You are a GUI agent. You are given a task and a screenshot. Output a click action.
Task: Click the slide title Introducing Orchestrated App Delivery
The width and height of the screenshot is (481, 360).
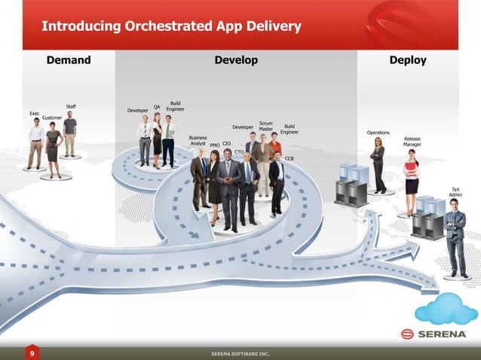click(171, 27)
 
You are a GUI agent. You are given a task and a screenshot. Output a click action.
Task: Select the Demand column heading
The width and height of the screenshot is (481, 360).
click(69, 60)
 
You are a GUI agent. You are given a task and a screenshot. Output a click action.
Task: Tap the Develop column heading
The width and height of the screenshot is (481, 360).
click(236, 60)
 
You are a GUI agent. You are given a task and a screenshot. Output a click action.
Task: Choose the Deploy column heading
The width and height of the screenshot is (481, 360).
click(408, 60)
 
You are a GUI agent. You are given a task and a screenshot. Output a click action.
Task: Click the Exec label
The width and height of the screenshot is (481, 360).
click(34, 114)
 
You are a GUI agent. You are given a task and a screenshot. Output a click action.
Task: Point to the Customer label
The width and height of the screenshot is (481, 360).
click(52, 118)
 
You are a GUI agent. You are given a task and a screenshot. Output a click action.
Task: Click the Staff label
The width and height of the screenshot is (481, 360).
click(71, 106)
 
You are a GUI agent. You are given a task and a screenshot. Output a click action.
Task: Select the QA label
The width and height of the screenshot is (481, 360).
click(157, 107)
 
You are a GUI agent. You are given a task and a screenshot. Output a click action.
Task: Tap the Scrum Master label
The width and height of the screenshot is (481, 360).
click(266, 126)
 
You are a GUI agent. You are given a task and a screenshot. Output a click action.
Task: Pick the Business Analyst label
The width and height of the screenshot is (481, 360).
click(198, 141)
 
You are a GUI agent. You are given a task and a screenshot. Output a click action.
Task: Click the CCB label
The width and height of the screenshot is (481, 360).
click(290, 159)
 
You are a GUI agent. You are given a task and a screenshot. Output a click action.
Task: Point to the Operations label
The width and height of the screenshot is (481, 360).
click(378, 133)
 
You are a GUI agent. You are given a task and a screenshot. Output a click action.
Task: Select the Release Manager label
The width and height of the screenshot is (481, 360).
click(412, 142)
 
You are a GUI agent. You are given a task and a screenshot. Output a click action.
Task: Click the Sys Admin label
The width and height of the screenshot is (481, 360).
click(455, 192)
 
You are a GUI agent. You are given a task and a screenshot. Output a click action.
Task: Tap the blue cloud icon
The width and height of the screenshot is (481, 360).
click(447, 309)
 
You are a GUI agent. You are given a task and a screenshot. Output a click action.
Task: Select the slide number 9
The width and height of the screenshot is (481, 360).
click(32, 352)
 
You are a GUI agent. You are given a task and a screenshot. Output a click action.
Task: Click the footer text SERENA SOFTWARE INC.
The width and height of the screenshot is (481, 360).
click(240, 353)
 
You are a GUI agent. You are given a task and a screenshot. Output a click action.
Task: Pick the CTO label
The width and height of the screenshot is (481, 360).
click(239, 152)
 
